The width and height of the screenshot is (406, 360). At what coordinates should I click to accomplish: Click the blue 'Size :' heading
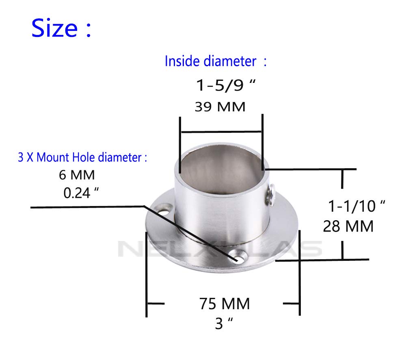(x=61, y=28)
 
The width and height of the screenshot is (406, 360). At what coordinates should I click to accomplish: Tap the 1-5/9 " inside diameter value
(x=227, y=86)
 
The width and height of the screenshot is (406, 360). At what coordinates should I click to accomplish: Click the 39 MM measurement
(x=220, y=107)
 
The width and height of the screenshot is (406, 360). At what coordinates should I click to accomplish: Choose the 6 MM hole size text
(x=77, y=175)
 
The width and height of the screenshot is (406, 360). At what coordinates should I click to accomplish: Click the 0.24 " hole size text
(x=82, y=192)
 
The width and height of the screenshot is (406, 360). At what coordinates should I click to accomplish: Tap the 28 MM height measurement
(x=348, y=226)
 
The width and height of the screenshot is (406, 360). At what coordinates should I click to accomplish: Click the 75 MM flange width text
(x=224, y=304)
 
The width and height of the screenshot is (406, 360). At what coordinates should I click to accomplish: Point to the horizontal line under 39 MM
(x=221, y=132)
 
